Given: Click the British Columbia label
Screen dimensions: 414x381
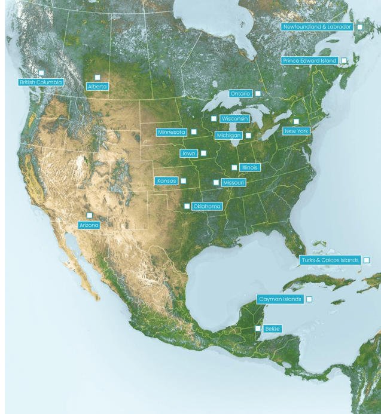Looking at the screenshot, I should pos(41,82).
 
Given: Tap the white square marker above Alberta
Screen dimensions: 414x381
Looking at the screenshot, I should pos(97,78).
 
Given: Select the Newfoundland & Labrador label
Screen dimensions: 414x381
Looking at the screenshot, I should pos(317,27).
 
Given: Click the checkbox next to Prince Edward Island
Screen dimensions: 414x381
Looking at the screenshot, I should pos(344,61).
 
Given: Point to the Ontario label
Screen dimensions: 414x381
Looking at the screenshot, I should pos(240,94).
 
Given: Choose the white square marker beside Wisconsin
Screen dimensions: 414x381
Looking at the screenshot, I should pos(214,119).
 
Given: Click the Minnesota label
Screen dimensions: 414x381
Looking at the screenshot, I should pos(172,132).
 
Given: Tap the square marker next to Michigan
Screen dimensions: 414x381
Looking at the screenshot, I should pos(248,136).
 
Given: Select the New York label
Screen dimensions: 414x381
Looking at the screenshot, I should pos(296,131).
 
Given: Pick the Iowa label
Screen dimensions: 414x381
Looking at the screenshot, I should pos(189,154).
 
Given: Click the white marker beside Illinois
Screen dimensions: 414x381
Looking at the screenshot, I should pos(234,168).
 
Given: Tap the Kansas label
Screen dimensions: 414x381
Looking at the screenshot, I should pos(166,181).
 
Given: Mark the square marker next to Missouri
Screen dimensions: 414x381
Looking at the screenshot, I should pos(216,183).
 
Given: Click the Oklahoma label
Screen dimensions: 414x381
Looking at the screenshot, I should pos(207,206).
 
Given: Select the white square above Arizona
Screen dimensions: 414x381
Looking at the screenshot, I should pos(90,216).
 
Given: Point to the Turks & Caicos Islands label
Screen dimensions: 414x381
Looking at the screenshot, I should pos(330,260).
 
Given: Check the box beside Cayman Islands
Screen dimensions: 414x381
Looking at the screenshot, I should pos(309,299).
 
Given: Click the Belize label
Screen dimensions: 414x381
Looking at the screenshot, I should pos(272,329).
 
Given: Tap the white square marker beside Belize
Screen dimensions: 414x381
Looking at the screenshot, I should pos(258,329).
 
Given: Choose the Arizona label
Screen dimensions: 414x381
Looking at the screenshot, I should pos(89,225).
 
